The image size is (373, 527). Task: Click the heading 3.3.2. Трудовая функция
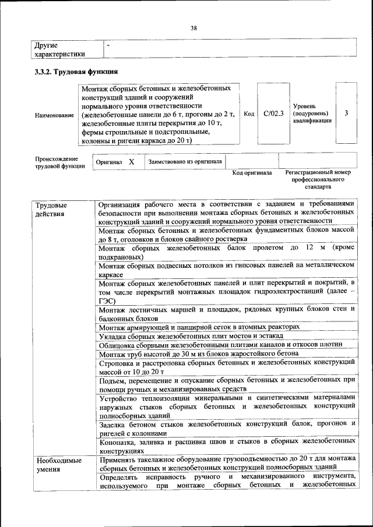(x=76, y=72)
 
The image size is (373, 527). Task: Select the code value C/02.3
(x=273, y=114)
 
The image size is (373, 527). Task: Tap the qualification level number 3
(x=347, y=114)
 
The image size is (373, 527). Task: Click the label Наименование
(x=54, y=115)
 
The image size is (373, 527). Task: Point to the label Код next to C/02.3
(x=249, y=114)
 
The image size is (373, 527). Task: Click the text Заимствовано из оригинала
(x=185, y=161)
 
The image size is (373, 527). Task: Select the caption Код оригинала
(x=252, y=173)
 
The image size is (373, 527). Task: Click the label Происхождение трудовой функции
(x=59, y=162)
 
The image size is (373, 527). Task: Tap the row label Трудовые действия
(x=51, y=209)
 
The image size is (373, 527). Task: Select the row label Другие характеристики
(x=60, y=49)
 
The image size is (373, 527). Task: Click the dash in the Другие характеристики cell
(x=108, y=44)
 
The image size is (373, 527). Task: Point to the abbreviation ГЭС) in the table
(x=108, y=300)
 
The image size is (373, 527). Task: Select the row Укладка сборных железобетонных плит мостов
(x=191, y=337)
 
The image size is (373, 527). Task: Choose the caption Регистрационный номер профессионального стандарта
(x=318, y=180)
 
